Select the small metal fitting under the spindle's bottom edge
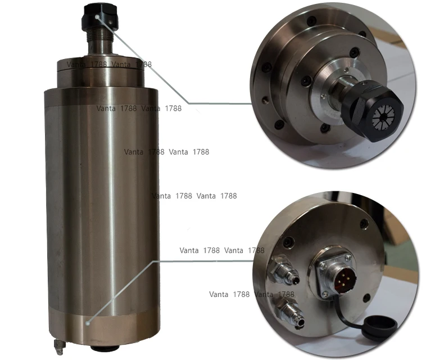tap(57, 344)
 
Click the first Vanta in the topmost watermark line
tap(78, 64)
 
